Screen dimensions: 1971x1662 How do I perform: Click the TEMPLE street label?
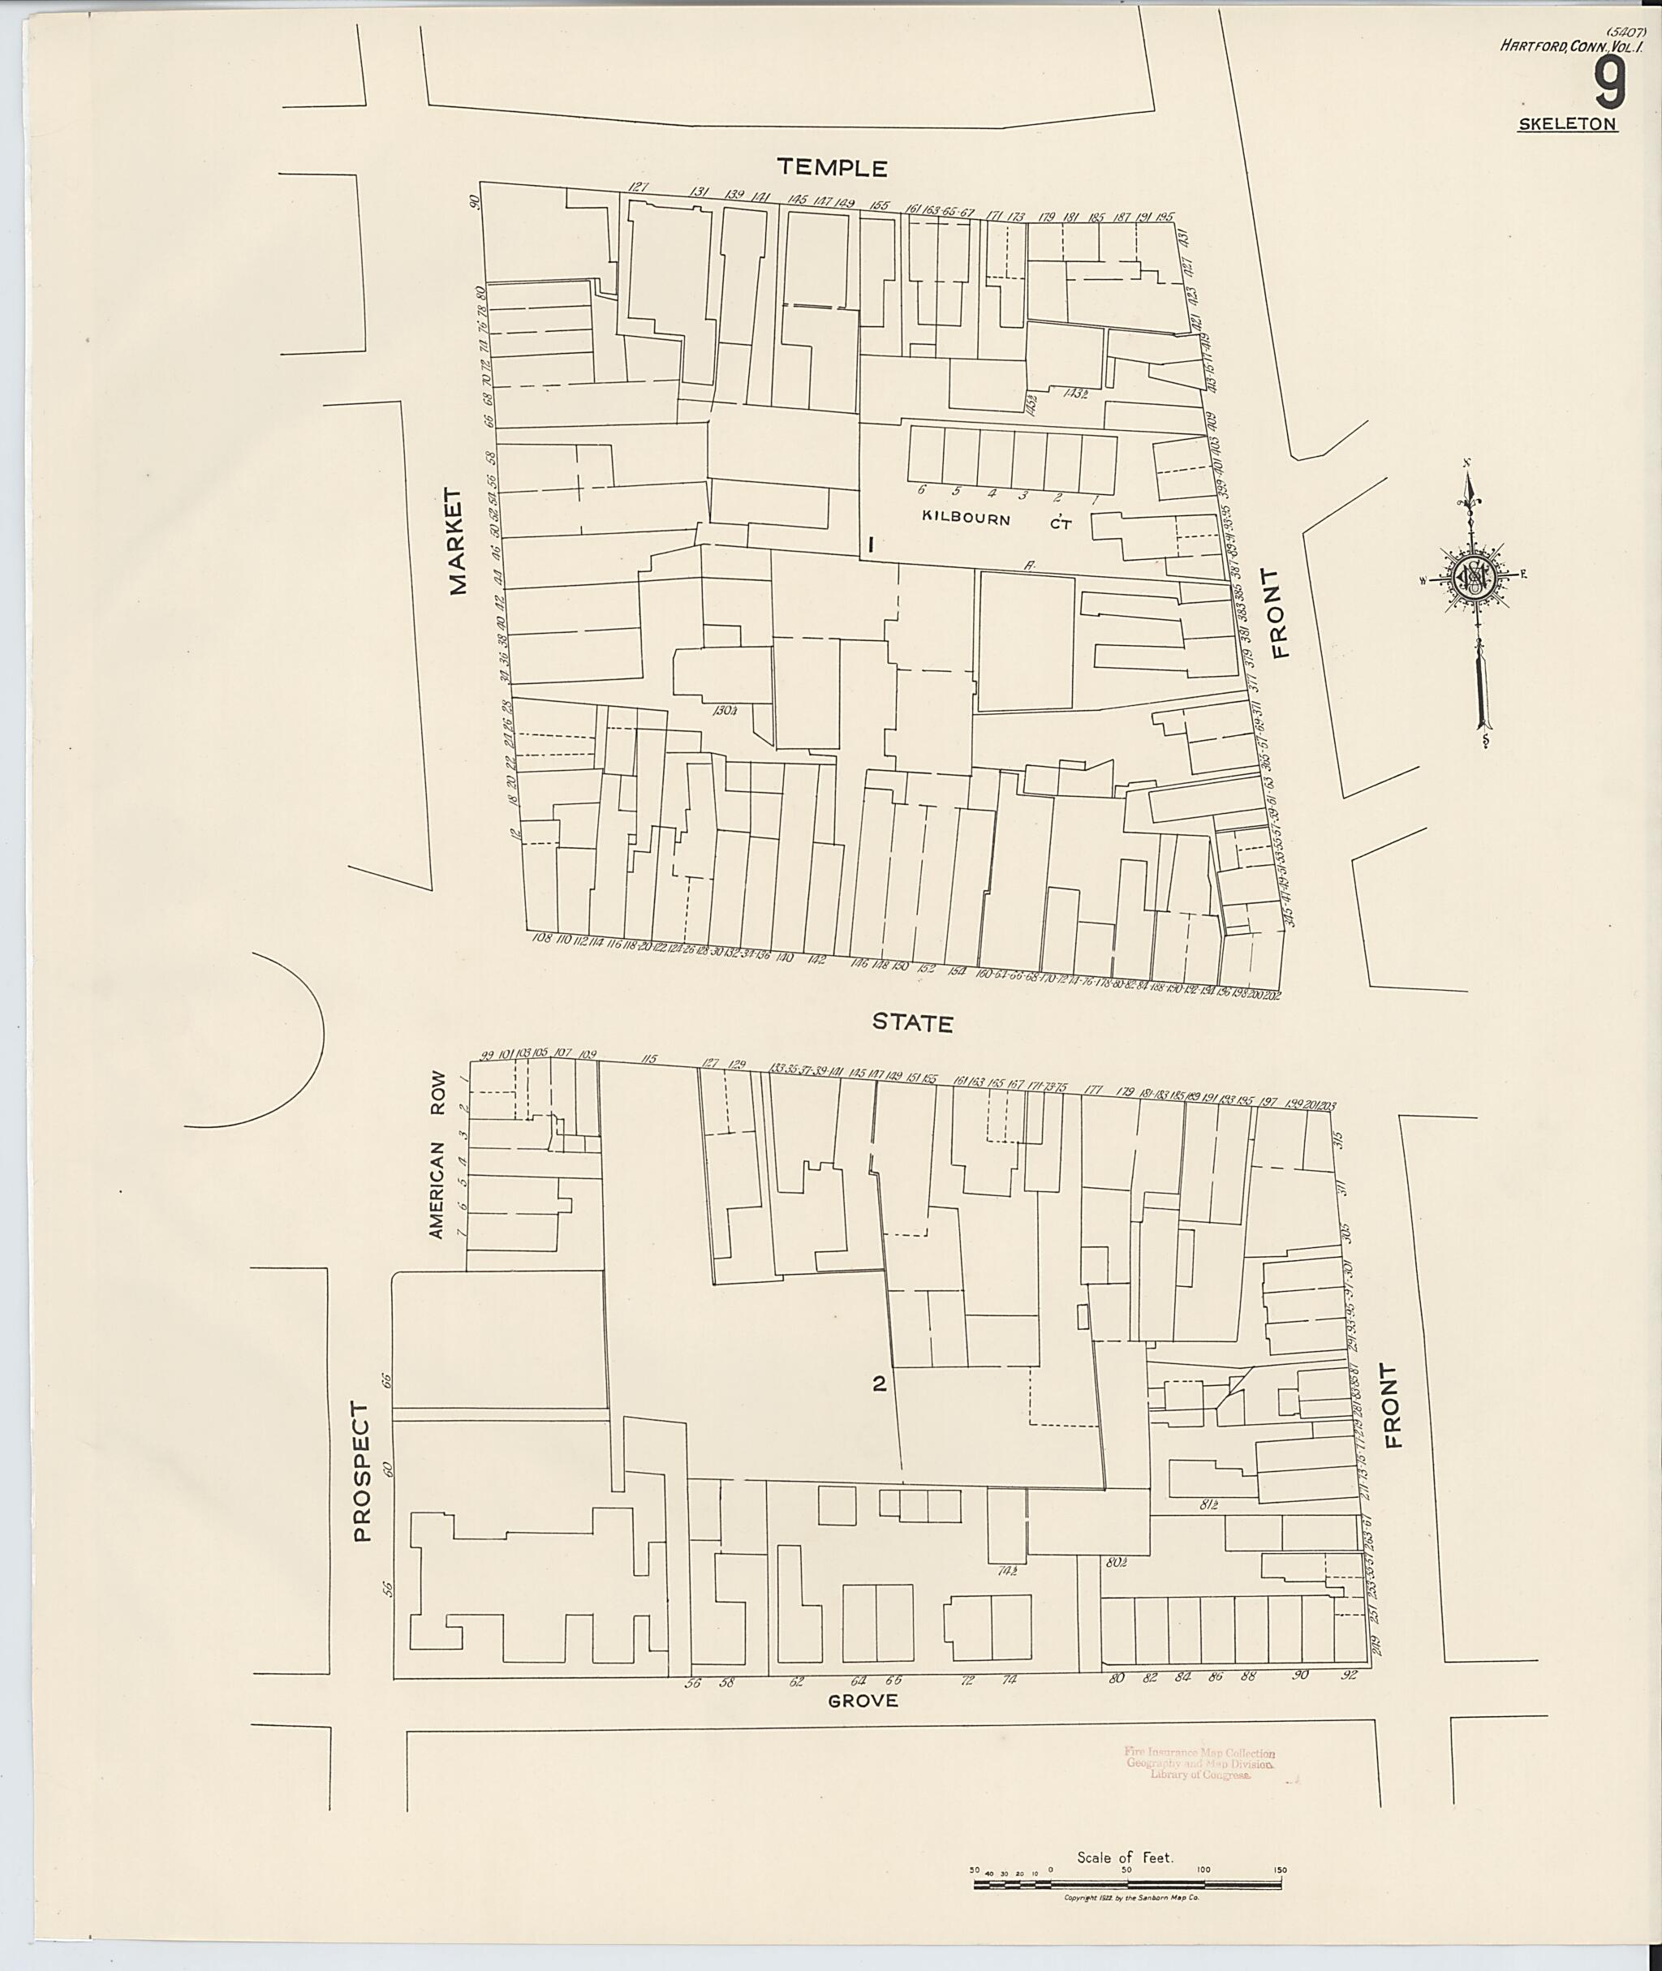click(832, 169)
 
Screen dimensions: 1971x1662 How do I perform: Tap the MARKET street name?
click(458, 542)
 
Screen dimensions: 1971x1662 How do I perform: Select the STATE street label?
click(912, 1023)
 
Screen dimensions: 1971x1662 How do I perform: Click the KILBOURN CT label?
click(996, 519)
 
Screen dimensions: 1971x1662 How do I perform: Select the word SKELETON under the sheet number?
click(1568, 124)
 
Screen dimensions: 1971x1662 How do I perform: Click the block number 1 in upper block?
click(872, 544)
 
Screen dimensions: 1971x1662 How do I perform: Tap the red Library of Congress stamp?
click(1199, 1762)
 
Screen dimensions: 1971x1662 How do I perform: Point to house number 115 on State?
click(648, 1060)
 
